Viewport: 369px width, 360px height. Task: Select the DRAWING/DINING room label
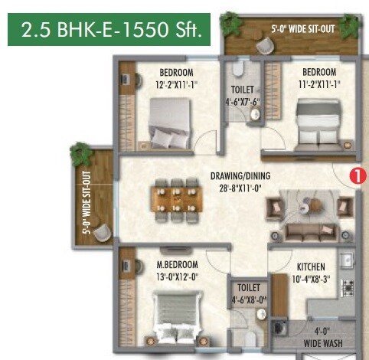click(240, 174)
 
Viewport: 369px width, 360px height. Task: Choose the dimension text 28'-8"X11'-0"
click(240, 186)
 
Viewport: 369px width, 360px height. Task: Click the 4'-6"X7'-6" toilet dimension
click(242, 100)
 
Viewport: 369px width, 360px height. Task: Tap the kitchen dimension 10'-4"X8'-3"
click(313, 278)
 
